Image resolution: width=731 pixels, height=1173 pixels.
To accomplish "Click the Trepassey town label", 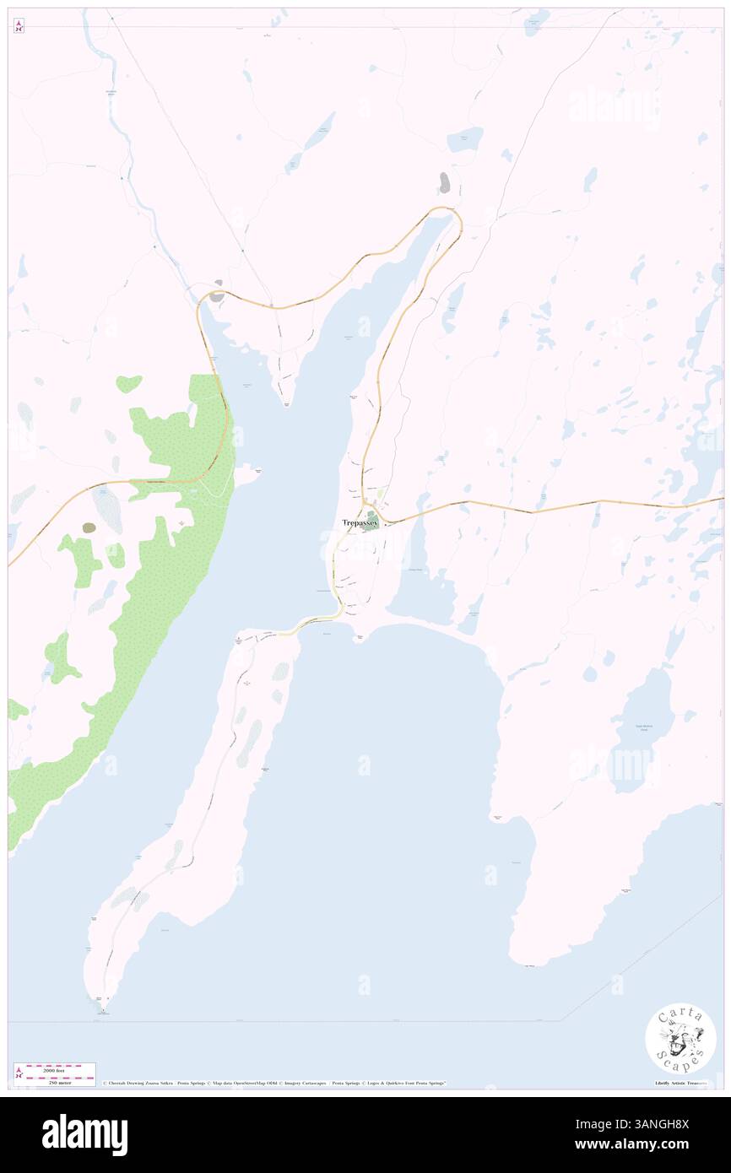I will [x=359, y=522].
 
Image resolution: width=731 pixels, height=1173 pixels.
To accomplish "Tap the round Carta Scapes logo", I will [x=680, y=1040].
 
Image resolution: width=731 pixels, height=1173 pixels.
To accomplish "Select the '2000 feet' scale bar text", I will [x=55, y=1070].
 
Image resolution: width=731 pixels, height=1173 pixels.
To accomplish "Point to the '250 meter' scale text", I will [x=55, y=1082].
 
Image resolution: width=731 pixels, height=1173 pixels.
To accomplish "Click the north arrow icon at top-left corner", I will [x=19, y=26].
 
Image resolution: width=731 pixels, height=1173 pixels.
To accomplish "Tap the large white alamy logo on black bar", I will [x=84, y=1134].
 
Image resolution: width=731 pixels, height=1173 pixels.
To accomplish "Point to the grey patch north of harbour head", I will [x=444, y=182].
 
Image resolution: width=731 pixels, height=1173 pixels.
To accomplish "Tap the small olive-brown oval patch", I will [x=89, y=527].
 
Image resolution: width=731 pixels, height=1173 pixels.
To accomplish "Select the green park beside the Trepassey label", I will [x=371, y=523].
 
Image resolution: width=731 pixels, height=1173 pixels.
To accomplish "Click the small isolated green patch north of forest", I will [x=129, y=383].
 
